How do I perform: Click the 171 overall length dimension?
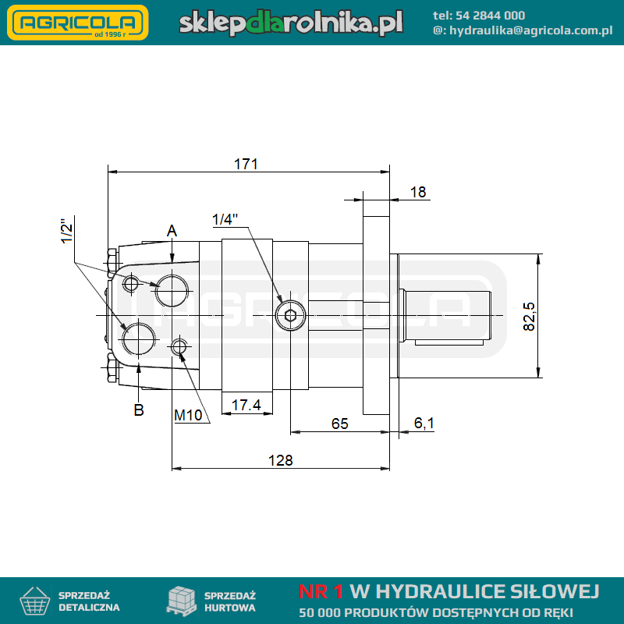coord(246,164)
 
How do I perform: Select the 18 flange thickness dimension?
coord(418,192)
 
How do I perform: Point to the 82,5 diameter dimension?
coord(529,317)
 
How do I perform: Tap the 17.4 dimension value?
coord(246,405)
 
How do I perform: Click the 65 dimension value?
coord(339,424)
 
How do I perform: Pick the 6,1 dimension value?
coord(424,423)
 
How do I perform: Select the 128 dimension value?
coord(281,460)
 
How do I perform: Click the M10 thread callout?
coord(188,416)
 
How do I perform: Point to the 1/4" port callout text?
coord(225,219)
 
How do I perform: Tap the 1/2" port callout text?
coord(67,231)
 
